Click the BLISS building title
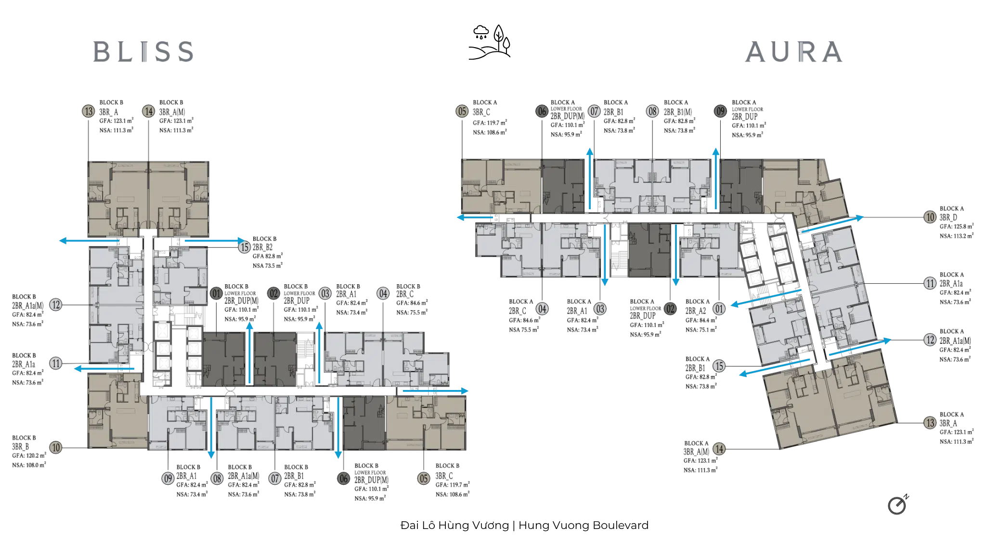(144, 51)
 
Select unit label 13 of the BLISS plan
(88, 112)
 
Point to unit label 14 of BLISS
(148, 112)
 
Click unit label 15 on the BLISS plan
(245, 247)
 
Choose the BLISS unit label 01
(216, 293)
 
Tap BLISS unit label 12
(56, 304)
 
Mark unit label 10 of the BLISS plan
(56, 447)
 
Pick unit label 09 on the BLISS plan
(168, 478)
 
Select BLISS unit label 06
(343, 478)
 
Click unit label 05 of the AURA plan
(462, 112)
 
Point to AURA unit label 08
(652, 112)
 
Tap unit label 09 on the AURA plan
(720, 112)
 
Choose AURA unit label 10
(930, 217)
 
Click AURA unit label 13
(930, 423)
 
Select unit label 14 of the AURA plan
(719, 449)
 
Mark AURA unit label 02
(670, 309)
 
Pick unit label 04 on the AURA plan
(542, 309)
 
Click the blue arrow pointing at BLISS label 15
(212, 239)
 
